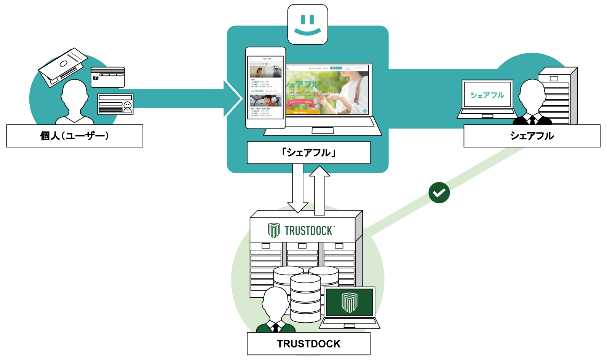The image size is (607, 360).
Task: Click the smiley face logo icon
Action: coord(308,24)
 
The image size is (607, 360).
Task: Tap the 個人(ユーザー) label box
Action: coord(75,136)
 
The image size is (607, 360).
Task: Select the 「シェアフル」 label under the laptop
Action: coord(308,152)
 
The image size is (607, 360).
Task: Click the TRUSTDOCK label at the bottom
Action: coord(308,344)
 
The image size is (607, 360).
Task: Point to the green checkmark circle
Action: coord(439,192)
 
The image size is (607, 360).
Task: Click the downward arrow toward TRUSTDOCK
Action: coord(297,188)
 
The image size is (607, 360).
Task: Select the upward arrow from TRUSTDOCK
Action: coord(319,190)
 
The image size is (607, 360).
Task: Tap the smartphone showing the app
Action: coord(265,88)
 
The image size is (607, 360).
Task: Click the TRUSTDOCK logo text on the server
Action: coord(309,230)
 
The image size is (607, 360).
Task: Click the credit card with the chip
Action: coord(108,77)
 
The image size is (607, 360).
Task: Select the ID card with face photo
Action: coord(115,104)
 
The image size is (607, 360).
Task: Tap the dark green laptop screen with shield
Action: coord(350,302)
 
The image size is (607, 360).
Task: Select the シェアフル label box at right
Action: coord(532,136)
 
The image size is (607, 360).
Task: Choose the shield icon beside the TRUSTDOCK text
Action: coord(274,230)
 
